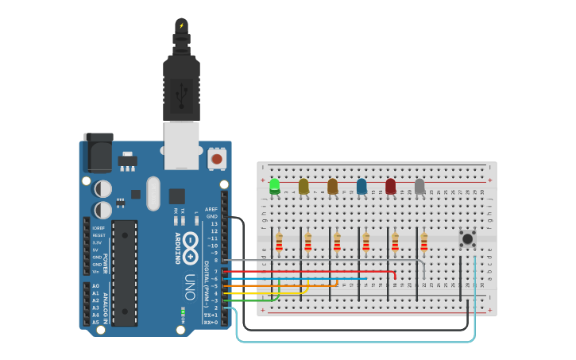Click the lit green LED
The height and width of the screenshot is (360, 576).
click(x=275, y=186)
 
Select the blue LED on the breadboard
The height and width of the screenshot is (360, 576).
click(x=361, y=186)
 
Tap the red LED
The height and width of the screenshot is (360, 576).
click(x=390, y=186)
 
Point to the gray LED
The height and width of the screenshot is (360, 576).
click(x=419, y=186)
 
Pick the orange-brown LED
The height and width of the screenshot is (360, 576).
click(x=332, y=186)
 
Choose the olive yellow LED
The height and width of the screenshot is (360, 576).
click(x=303, y=186)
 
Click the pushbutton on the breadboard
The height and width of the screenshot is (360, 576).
click(x=468, y=238)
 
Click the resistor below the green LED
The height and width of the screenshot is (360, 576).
click(x=279, y=242)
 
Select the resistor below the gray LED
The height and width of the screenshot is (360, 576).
click(x=424, y=242)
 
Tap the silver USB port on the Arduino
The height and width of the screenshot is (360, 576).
click(x=181, y=145)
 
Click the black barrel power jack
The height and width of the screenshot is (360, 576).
click(x=98, y=153)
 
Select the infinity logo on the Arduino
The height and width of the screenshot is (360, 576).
click(x=190, y=248)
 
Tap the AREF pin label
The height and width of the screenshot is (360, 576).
click(x=211, y=209)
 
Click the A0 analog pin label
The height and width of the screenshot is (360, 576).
click(x=96, y=286)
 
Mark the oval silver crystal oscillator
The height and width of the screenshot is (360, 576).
click(x=153, y=193)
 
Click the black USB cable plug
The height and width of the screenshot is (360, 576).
click(x=181, y=83)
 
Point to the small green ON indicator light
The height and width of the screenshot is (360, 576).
click(x=183, y=312)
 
